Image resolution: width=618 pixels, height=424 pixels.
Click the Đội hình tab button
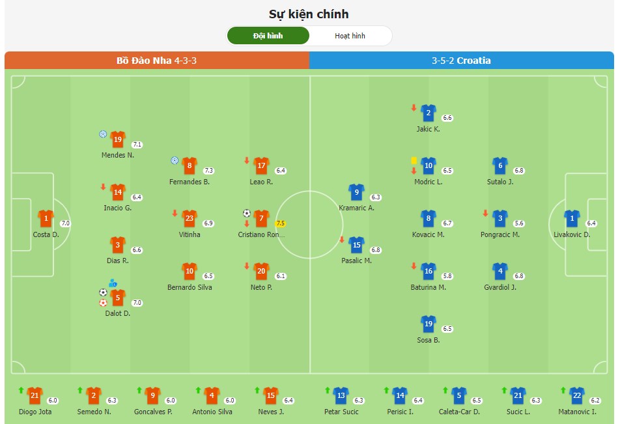(268, 36)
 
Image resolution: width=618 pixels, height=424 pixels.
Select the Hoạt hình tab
(350, 36)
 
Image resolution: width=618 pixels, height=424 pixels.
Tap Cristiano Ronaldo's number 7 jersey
(261, 218)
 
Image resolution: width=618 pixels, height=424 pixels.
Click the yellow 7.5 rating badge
(281, 223)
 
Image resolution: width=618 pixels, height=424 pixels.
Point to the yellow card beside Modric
(414, 160)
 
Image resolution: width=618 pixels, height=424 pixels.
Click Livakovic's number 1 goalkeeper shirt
(572, 218)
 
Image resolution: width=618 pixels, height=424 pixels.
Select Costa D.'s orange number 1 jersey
(46, 218)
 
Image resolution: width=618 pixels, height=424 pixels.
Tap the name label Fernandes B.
(190, 182)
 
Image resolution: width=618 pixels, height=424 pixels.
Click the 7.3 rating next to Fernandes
(208, 171)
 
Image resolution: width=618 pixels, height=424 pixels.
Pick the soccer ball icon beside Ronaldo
(247, 213)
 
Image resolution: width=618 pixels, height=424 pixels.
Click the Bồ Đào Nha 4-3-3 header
(156, 61)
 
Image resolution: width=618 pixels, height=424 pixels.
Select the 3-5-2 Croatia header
(461, 61)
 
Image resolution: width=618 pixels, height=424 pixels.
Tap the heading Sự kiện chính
(309, 14)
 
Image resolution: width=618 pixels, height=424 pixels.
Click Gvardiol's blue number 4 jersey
(500, 271)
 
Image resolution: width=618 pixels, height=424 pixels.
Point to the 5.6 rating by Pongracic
(519, 223)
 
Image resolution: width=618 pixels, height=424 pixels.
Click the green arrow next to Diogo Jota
(21, 390)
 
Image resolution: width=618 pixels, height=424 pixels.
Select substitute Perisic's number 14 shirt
(400, 395)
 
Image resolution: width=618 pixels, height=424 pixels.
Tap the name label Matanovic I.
(576, 412)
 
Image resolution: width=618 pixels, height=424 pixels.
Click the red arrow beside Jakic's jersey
(414, 107)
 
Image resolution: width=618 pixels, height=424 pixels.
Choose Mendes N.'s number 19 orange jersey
(118, 139)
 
